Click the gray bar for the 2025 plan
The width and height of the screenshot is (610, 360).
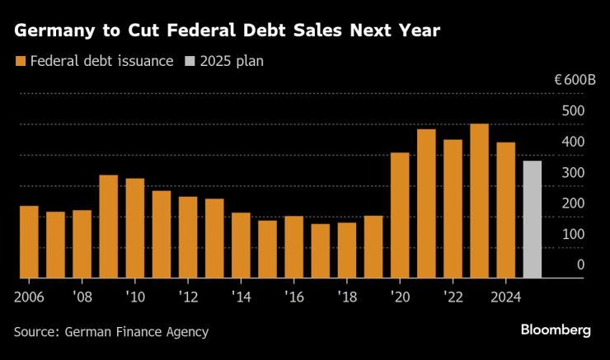[x=533, y=219]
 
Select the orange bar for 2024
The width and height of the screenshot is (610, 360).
[x=506, y=210]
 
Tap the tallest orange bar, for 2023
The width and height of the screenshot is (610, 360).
[x=480, y=201]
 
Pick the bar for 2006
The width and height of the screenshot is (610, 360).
[x=29, y=241]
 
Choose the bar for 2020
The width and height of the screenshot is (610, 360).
[x=400, y=215]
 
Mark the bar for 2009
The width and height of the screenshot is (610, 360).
[x=109, y=227]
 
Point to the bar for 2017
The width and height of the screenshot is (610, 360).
[x=321, y=250]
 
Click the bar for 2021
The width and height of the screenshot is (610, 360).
[x=426, y=203]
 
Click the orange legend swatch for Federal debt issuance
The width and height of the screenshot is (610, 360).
[x=21, y=60]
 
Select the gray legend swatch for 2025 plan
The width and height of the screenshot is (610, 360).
[x=191, y=60]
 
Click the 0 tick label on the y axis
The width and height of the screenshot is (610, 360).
[x=580, y=264]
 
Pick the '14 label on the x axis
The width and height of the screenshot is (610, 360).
[x=242, y=297]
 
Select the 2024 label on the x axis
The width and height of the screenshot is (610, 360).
[x=506, y=297]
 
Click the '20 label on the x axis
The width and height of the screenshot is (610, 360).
[x=401, y=297]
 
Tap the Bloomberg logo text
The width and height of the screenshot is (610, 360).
[x=556, y=330]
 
